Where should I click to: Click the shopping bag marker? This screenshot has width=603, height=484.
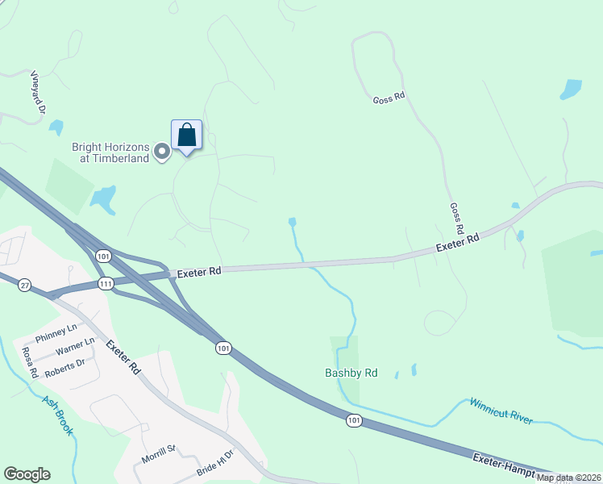pos(186,135)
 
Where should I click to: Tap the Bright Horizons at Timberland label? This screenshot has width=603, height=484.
pos(110,152)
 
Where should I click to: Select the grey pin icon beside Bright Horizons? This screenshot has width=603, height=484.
pos(162,151)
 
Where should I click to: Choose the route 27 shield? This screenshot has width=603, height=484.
pos(25,285)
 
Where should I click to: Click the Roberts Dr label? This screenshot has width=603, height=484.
pos(64,365)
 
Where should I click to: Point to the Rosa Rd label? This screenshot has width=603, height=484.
pos(29,363)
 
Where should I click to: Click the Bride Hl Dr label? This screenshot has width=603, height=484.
pos(214,464)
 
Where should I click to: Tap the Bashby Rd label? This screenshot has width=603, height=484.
pos(351,373)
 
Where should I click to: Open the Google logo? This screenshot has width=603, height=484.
pos(27,474)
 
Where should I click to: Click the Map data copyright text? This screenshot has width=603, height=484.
pos(568,478)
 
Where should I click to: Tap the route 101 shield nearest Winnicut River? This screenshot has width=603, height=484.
pos(354,420)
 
